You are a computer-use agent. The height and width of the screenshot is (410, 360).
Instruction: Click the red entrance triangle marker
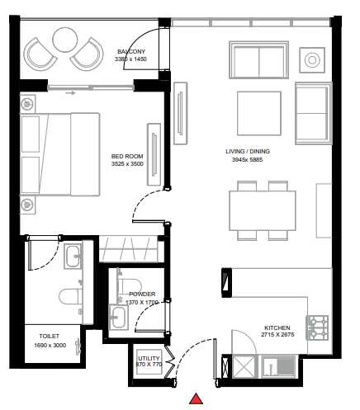pos(197,399)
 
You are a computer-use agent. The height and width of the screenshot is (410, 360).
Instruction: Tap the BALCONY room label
pos(131,50)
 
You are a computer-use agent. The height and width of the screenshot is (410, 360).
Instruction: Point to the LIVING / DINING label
pos(248,151)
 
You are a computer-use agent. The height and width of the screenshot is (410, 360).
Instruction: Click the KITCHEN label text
pos(277,328)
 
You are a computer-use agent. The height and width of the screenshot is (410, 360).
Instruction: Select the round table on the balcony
pos(64,39)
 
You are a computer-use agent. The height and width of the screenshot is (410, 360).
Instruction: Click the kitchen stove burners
pos(319,328)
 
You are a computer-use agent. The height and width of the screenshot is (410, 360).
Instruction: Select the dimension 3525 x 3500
pos(127,164)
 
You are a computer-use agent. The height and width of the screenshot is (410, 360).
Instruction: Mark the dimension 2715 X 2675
pos(277,336)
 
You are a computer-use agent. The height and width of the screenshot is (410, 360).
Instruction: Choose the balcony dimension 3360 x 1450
pos(131,59)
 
